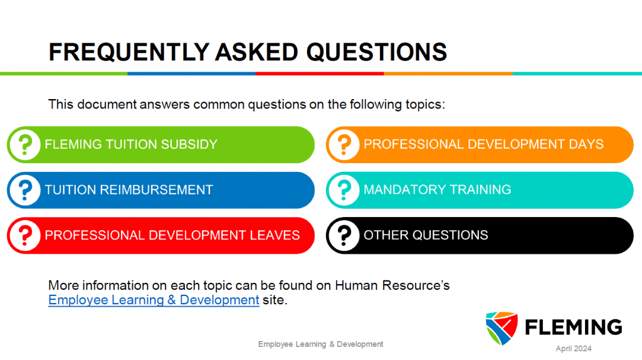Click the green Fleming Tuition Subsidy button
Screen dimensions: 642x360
point(160,145)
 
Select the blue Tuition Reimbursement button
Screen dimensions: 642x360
point(160,190)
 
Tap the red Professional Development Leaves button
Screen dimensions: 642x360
point(160,235)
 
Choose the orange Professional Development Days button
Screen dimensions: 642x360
point(480,145)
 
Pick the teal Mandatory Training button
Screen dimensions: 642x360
point(480,190)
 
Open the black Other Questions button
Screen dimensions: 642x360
point(480,235)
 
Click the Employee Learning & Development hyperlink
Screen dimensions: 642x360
point(154,300)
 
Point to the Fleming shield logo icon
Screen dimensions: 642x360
point(502,328)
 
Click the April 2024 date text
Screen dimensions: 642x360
point(573,349)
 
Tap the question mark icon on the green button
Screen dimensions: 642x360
point(25,145)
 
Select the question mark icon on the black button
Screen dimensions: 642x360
point(344,235)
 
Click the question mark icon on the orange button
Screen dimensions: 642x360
point(344,145)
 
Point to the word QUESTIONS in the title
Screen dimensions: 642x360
point(377,52)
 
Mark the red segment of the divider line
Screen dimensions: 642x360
point(320,74)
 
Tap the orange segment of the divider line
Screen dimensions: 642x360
point(448,74)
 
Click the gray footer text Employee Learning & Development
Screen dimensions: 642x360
point(320,344)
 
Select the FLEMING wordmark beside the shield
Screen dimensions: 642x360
point(574,327)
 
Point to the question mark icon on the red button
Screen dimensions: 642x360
point(25,235)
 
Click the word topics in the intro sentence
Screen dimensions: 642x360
point(425,105)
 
